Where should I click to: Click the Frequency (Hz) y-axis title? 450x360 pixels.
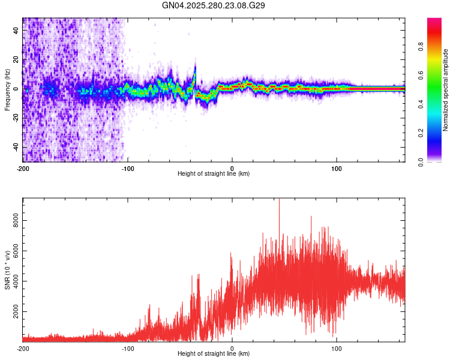tap(7, 89)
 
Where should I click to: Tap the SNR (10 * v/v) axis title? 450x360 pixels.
tap(7, 270)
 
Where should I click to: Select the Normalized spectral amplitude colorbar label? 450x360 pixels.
tap(445, 90)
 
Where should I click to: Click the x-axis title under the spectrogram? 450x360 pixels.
tap(214, 173)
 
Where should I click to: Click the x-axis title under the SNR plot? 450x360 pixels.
tap(214, 353)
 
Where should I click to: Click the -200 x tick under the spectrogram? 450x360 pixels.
tap(23, 167)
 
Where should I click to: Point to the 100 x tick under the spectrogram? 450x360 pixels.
tap(337, 167)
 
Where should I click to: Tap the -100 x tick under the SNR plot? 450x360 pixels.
tap(128, 348)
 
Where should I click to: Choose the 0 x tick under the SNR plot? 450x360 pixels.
tap(232, 348)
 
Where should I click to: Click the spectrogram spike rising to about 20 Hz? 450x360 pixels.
tap(196, 60)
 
